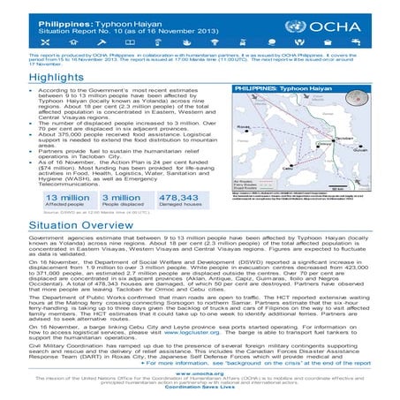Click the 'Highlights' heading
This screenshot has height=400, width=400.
[x=35, y=78]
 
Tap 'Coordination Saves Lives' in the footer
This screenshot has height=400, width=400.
[x=200, y=389]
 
